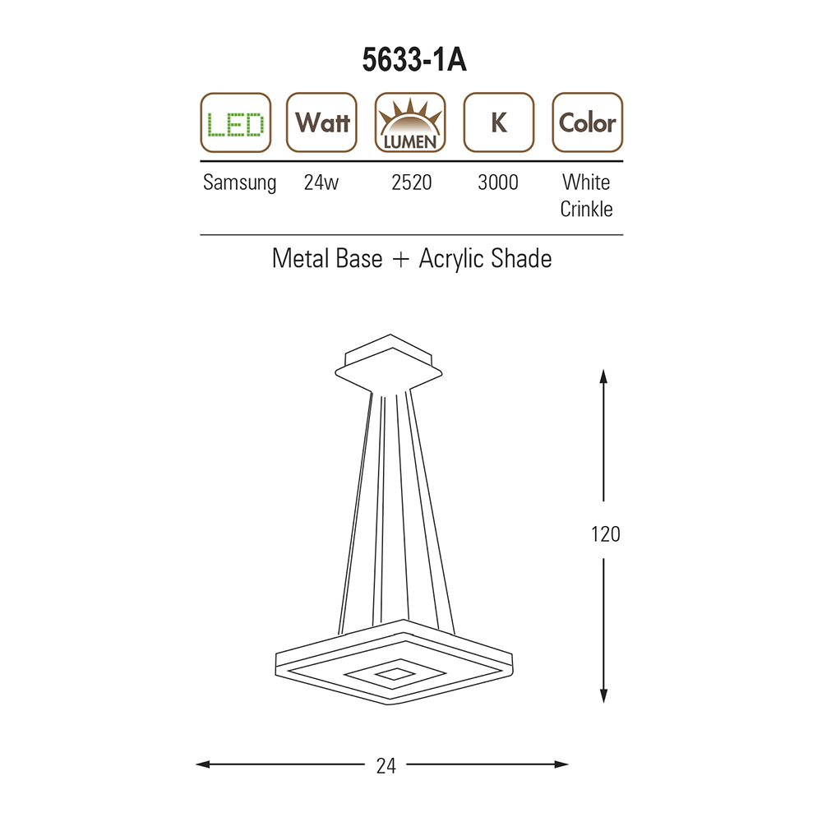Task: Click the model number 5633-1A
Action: tap(414, 60)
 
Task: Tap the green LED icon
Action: tap(236, 122)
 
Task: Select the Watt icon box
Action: tap(322, 122)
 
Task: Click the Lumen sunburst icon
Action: tap(410, 122)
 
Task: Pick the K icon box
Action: tap(499, 122)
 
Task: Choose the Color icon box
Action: tap(588, 122)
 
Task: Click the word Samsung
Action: tap(239, 183)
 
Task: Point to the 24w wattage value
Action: tap(321, 182)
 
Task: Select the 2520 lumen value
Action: tap(412, 182)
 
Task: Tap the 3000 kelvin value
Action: tap(498, 182)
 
